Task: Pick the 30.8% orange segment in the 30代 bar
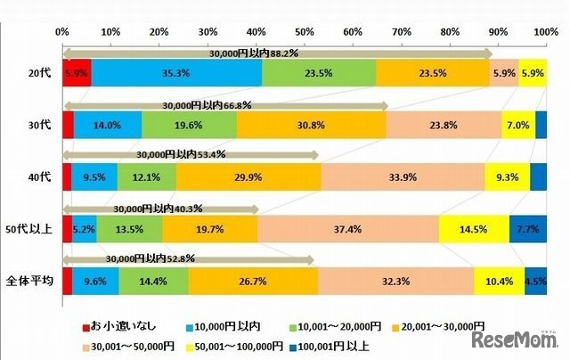coord(312,126)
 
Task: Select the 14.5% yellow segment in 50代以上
coord(474,229)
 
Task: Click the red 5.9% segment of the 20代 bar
coord(77,72)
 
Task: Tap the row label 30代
coord(39,126)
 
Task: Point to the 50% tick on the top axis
coord(304,31)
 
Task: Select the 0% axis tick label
coord(62,31)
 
